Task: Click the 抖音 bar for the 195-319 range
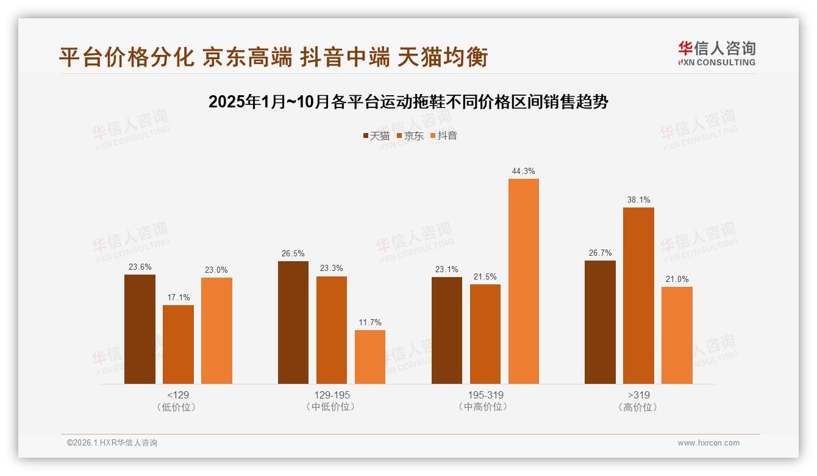pyautogui.click(x=524, y=281)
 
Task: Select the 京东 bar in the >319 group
pyautogui.click(x=638, y=295)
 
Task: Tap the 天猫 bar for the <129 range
pyautogui.click(x=140, y=329)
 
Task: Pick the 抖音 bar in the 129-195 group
pyautogui.click(x=370, y=356)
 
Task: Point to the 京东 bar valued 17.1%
pyautogui.click(x=178, y=344)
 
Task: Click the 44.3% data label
pyautogui.click(x=524, y=171)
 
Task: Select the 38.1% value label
pyautogui.click(x=638, y=200)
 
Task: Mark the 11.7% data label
pyautogui.click(x=370, y=322)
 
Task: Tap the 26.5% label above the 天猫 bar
pyautogui.click(x=293, y=253)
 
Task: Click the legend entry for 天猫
pyautogui.click(x=376, y=135)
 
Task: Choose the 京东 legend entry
pyautogui.click(x=410, y=135)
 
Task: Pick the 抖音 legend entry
pyautogui.click(x=443, y=135)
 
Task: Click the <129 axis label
pyautogui.click(x=178, y=395)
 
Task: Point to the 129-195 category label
pyautogui.click(x=332, y=395)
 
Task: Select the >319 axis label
pyautogui.click(x=638, y=395)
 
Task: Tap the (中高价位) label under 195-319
pyautogui.click(x=485, y=407)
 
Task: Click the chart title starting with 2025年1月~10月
pyautogui.click(x=408, y=102)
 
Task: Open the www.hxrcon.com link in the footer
pyautogui.click(x=708, y=443)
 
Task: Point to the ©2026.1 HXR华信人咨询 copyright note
pyautogui.click(x=112, y=443)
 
